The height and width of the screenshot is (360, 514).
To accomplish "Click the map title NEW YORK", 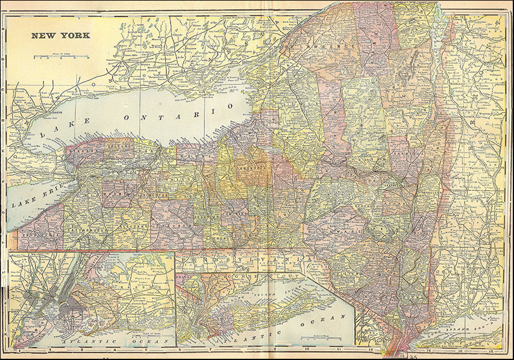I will pyautogui.click(x=61, y=36).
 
